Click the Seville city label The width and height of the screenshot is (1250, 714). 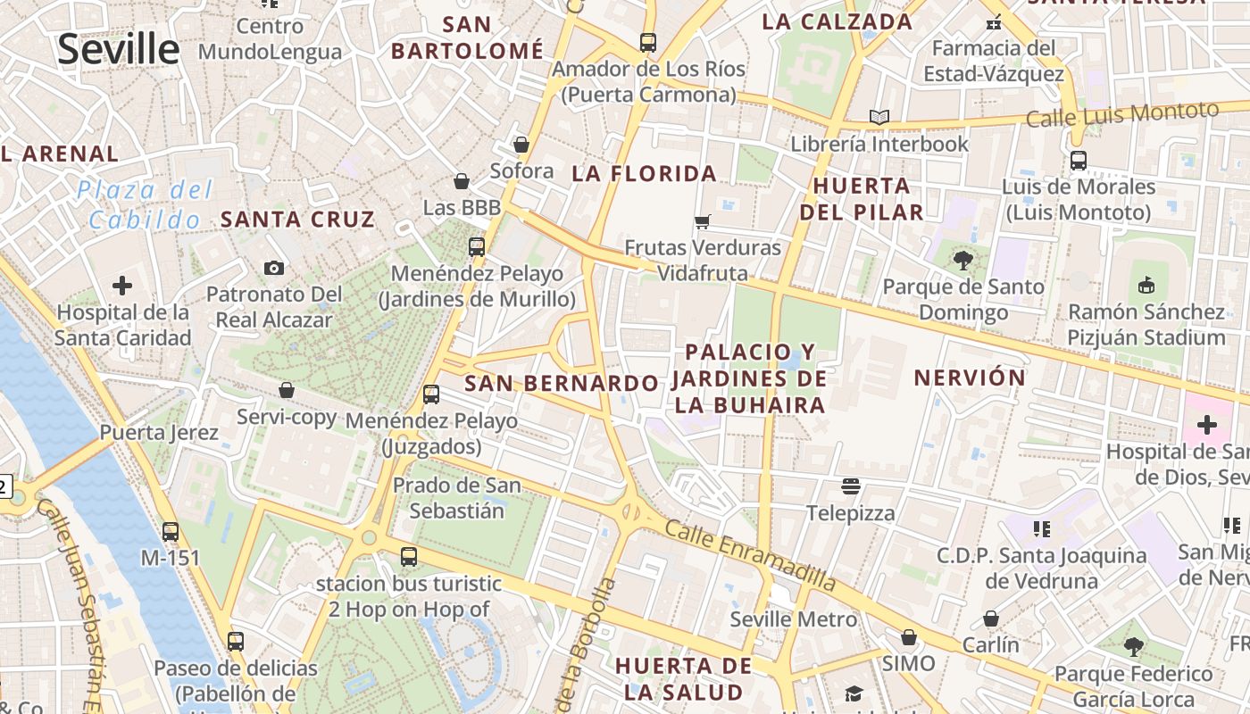[x=118, y=48]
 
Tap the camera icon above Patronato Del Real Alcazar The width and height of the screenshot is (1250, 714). [x=274, y=268]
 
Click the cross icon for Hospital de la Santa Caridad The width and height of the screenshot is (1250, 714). [x=122, y=286]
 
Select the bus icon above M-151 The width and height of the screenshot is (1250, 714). [x=171, y=532]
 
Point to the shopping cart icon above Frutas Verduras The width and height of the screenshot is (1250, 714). [x=703, y=220]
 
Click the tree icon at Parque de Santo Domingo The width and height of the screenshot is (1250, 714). [x=962, y=261]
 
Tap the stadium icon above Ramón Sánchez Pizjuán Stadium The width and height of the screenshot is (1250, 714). [x=1146, y=286]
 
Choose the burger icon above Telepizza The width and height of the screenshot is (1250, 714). [x=851, y=486]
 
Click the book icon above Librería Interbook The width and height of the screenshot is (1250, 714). [x=879, y=117]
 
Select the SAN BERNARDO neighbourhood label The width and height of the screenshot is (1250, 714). [x=562, y=384]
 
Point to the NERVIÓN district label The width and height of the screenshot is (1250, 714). [x=970, y=378]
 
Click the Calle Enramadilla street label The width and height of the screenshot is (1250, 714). [x=751, y=555]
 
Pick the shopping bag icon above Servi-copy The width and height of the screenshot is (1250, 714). [x=287, y=390]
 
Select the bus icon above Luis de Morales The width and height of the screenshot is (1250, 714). [x=1079, y=161]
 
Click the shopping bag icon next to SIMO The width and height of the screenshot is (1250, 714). [x=909, y=637]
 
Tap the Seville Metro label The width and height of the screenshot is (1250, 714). [x=793, y=619]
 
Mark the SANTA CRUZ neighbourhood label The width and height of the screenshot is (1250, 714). [x=297, y=219]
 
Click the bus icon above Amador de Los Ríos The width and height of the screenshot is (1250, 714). [x=648, y=42]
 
